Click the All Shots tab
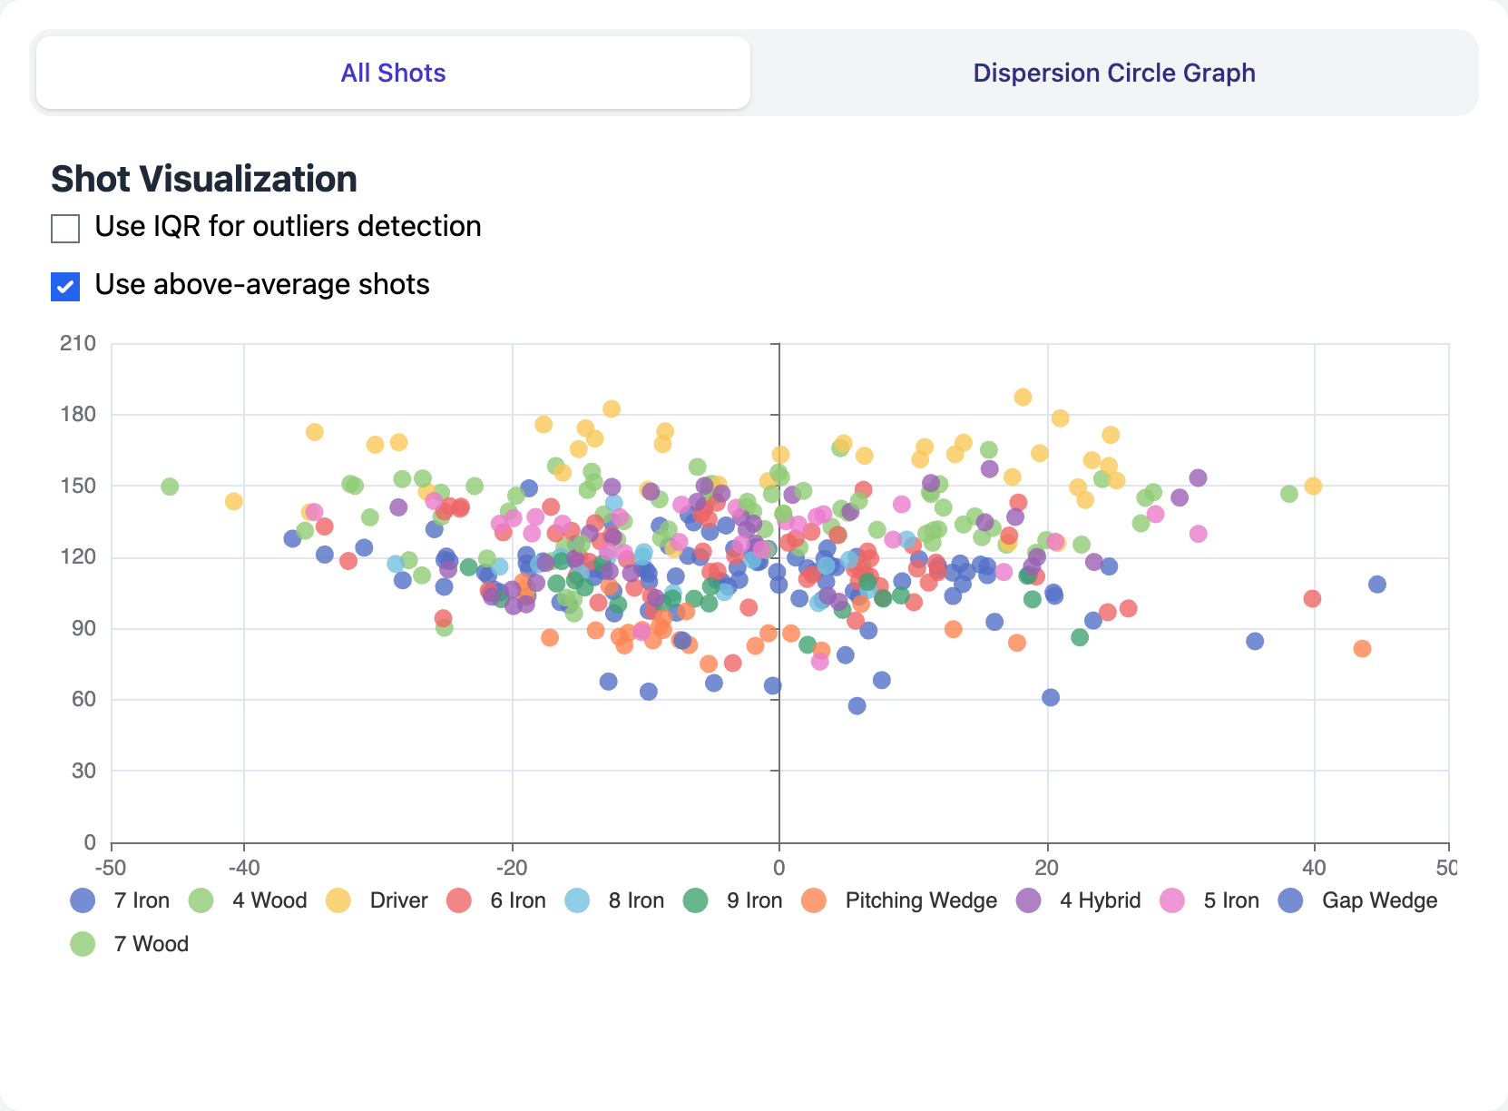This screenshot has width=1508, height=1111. (393, 73)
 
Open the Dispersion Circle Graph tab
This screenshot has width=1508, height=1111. (1113, 73)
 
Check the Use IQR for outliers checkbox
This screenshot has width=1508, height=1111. (65, 229)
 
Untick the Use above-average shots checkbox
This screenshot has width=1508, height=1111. (65, 287)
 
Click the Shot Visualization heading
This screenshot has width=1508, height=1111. (203, 179)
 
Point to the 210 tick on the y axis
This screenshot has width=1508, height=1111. (78, 343)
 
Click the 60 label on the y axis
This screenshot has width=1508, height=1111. (83, 699)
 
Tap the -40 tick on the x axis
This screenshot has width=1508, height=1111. (244, 867)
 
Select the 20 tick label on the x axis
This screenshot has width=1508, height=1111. (1046, 867)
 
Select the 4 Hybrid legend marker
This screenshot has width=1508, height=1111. (1029, 900)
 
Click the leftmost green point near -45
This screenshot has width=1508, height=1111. (170, 487)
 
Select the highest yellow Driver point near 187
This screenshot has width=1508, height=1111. (1023, 398)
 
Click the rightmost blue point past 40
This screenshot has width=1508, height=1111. (1377, 585)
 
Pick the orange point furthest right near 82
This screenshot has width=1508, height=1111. (1362, 648)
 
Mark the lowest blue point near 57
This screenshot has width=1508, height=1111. (857, 706)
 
